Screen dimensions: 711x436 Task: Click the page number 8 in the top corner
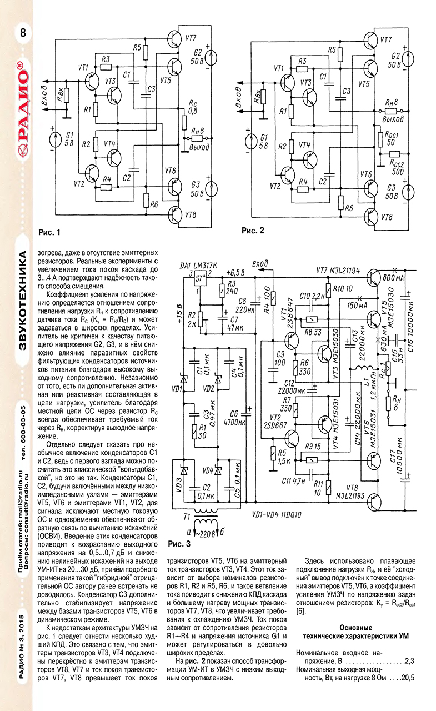click(x=23, y=33)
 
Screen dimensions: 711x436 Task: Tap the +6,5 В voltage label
click(x=237, y=273)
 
